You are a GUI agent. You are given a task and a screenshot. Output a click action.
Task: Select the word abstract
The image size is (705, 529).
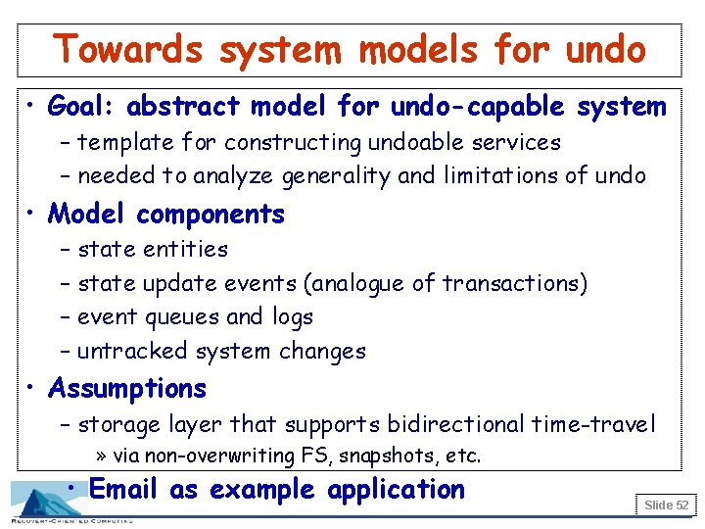[x=183, y=105]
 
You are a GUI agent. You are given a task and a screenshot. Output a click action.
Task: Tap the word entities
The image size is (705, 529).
[x=186, y=250]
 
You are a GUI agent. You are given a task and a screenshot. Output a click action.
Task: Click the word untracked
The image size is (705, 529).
[x=133, y=352]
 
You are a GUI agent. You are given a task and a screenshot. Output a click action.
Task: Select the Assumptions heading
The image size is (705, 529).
[x=127, y=389]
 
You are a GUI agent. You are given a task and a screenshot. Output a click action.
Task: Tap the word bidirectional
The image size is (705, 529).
[x=455, y=425]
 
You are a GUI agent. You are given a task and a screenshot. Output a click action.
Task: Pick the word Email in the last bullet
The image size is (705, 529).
[x=124, y=490]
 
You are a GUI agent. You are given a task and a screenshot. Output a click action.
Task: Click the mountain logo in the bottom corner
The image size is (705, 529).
[x=44, y=502]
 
